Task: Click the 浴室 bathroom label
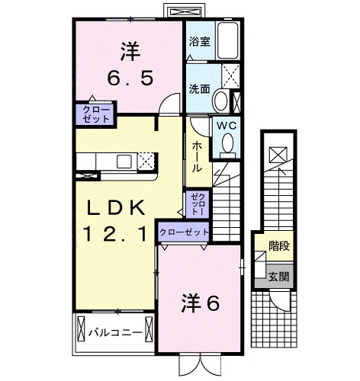[200, 42]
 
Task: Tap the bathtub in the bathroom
[228, 41]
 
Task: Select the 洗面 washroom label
[199, 88]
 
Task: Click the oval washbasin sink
[220, 100]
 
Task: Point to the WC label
[227, 126]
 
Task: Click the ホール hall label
[197, 157]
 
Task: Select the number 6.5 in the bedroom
[130, 78]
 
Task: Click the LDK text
[116, 207]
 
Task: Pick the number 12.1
[115, 234]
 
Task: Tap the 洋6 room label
[200, 304]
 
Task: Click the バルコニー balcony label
[115, 333]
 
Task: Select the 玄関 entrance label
[279, 277]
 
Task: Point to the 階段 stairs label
[279, 245]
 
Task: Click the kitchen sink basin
[124, 162]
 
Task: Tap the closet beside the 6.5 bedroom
[96, 114]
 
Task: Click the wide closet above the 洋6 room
[184, 232]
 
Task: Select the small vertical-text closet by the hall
[198, 203]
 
